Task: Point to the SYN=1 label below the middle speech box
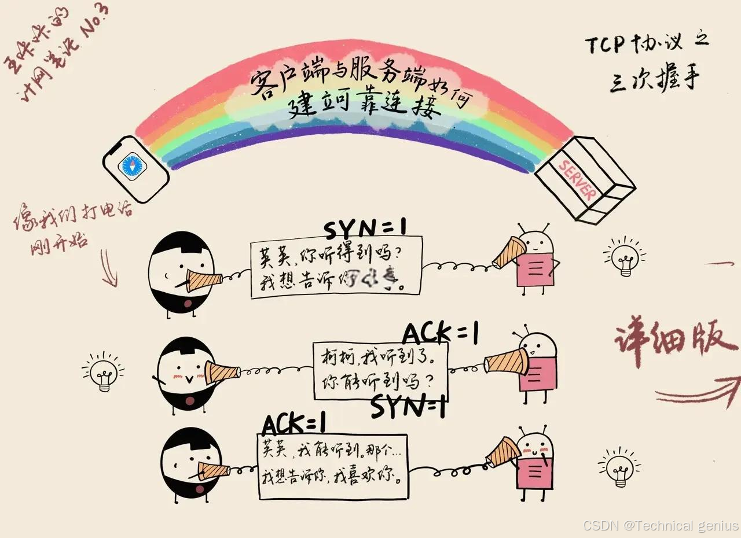[x=408, y=407]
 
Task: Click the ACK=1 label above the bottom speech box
[x=294, y=424]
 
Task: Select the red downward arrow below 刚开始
[x=109, y=268]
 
